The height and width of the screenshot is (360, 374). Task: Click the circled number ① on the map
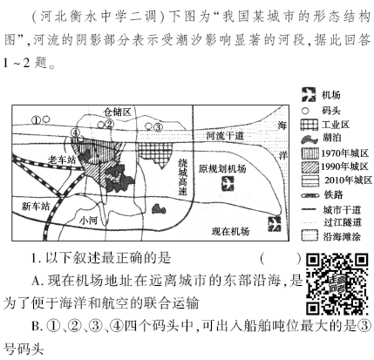[x=36, y=119]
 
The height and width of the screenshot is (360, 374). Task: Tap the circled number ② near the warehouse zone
[x=110, y=125]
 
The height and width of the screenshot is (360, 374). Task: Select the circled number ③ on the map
[x=158, y=127]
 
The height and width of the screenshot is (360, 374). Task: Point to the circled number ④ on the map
[x=75, y=132]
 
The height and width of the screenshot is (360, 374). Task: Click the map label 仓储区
[x=117, y=112]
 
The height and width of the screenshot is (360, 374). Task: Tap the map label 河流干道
[x=225, y=136]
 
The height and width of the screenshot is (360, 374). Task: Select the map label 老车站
[x=62, y=160]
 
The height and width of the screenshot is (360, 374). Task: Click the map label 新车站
[x=36, y=207]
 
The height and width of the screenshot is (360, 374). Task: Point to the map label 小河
[x=88, y=221]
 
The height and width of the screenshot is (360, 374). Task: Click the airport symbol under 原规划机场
[x=228, y=184]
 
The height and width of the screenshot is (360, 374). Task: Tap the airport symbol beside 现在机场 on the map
[x=275, y=224]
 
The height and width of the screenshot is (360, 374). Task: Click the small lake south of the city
[x=159, y=208]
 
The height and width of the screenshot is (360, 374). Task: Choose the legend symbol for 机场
[x=309, y=95]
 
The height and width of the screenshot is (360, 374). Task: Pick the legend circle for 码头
[x=306, y=111]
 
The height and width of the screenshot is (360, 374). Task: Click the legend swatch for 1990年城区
[x=310, y=167]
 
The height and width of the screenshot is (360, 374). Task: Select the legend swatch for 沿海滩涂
[x=309, y=235]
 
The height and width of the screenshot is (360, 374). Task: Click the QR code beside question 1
[x=337, y=284]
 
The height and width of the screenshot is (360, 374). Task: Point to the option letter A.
[x=37, y=281]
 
